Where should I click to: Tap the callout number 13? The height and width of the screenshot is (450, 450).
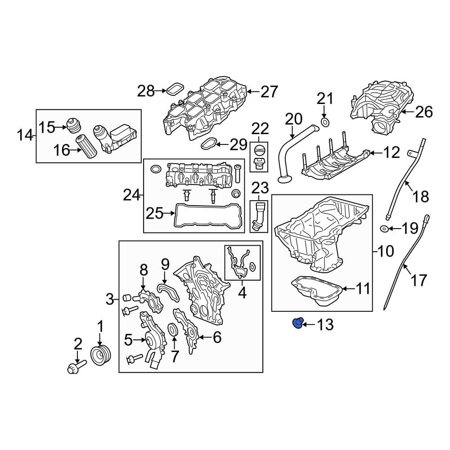324,324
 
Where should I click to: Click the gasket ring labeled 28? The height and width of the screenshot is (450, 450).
175,90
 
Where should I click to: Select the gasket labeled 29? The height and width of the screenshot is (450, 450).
207,144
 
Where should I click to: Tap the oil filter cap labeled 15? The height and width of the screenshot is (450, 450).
72,126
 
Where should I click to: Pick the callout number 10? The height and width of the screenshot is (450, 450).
386,250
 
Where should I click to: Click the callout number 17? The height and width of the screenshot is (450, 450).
418,280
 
